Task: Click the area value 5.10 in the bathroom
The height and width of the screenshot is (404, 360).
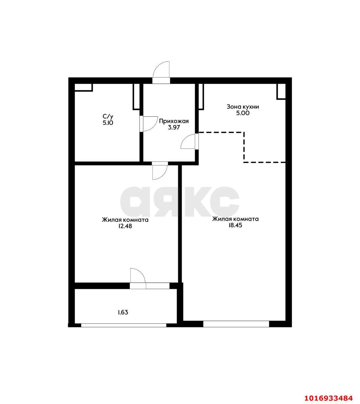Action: click(x=108, y=123)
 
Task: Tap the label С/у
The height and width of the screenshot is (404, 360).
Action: click(x=108, y=116)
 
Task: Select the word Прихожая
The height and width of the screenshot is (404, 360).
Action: click(x=174, y=121)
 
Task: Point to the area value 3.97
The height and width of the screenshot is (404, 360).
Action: click(x=174, y=128)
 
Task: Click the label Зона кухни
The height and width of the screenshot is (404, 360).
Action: click(x=243, y=107)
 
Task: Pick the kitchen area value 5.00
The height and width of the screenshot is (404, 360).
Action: click(x=243, y=113)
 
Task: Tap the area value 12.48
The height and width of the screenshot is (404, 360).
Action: click(x=125, y=226)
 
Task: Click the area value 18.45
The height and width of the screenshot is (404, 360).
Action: click(x=235, y=225)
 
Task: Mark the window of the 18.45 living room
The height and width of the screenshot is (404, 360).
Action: click(x=236, y=324)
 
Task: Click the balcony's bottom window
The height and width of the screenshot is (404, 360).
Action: click(x=123, y=325)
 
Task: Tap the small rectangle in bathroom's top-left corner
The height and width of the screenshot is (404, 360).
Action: click(x=84, y=87)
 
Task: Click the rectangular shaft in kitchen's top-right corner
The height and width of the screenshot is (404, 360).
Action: click(x=281, y=92)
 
